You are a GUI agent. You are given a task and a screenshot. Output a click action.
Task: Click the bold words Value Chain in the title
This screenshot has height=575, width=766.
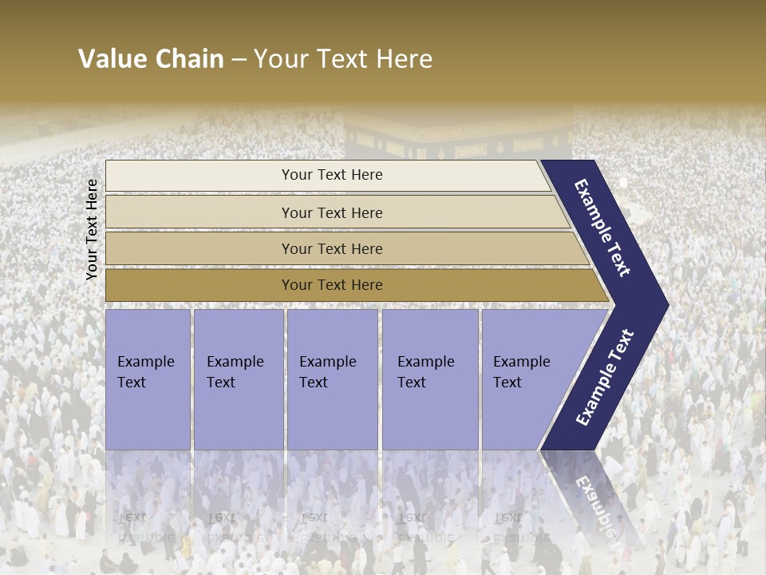tap(151, 59)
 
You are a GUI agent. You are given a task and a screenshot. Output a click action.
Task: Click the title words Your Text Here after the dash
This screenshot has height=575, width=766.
tap(343, 59)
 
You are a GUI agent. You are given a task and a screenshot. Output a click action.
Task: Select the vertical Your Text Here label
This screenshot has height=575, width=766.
tap(92, 229)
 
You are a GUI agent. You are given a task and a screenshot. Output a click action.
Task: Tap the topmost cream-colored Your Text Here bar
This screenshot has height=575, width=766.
tap(332, 175)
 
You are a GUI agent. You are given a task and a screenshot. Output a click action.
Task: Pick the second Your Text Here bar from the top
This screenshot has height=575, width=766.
tap(332, 212)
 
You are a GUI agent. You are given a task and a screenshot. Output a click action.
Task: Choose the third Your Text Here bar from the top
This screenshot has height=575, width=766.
tap(332, 248)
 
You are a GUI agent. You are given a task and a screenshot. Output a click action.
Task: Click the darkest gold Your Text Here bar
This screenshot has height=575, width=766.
tap(332, 285)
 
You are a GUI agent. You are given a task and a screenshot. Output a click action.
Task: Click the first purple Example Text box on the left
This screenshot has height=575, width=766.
tap(148, 379)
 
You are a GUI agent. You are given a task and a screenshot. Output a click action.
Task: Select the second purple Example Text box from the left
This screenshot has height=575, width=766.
tap(238, 379)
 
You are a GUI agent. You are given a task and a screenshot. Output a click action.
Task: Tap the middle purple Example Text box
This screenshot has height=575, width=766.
tap(332, 379)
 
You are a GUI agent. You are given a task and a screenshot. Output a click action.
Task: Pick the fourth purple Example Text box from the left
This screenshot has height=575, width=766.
tap(430, 379)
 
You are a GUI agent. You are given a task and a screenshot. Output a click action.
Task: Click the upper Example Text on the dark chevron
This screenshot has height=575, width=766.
tap(602, 228)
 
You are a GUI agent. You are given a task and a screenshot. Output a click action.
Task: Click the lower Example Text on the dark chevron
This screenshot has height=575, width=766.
tap(604, 378)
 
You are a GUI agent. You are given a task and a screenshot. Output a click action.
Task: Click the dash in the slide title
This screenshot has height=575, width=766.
tap(238, 60)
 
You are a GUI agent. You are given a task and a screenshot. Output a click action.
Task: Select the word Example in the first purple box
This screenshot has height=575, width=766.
tap(145, 362)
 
